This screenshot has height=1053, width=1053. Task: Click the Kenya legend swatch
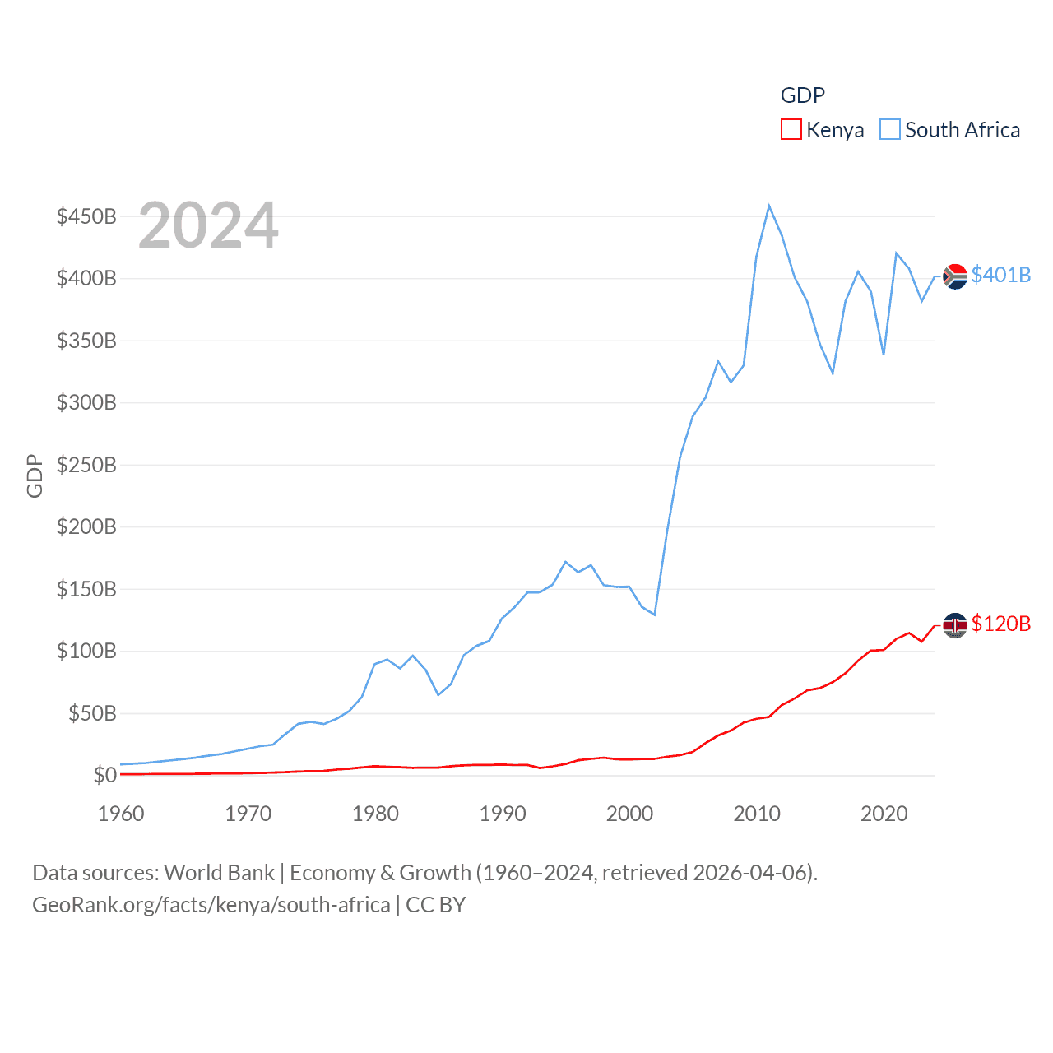tap(791, 130)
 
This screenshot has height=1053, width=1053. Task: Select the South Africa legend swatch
tap(890, 130)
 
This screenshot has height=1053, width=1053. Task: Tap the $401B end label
tap(1000, 275)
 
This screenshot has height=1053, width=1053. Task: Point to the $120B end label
tap(1000, 624)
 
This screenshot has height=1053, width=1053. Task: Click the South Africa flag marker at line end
tap(955, 276)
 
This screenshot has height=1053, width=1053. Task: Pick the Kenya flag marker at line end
tap(955, 625)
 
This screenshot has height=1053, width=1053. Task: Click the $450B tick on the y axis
tap(86, 216)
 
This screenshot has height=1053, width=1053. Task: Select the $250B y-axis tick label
tap(86, 465)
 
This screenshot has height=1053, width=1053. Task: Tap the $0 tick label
tap(104, 775)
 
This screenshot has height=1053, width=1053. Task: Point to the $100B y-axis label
tap(86, 651)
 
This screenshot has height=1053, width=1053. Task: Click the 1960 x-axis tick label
tap(121, 814)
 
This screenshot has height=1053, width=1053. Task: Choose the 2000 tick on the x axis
tap(629, 814)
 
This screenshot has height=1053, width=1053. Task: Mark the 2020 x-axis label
tap(884, 814)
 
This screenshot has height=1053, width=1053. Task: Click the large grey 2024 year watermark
tap(208, 225)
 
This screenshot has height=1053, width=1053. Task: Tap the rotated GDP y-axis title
tap(35, 475)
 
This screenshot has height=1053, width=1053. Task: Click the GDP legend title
tap(802, 95)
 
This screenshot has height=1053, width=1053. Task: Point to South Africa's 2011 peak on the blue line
tap(769, 206)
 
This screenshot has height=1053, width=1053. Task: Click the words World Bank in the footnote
tap(219, 873)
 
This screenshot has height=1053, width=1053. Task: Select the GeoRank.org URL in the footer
tap(211, 905)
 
